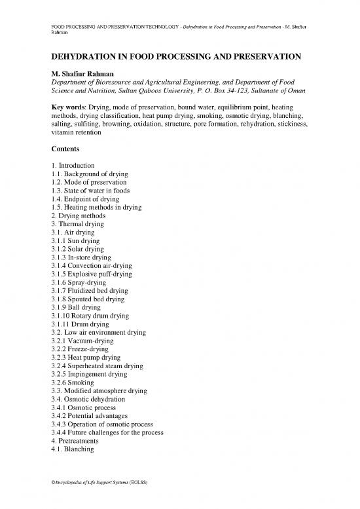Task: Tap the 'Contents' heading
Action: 67,149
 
